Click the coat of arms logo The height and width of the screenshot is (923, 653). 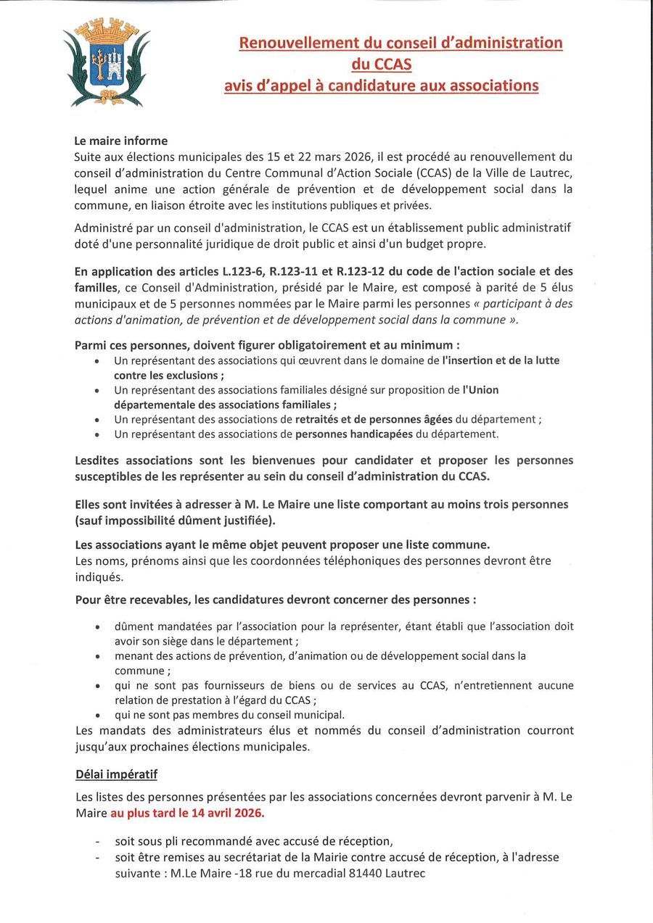106,62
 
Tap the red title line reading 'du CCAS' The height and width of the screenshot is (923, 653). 382,65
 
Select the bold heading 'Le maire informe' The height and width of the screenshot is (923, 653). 121,141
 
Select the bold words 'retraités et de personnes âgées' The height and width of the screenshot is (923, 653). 374,420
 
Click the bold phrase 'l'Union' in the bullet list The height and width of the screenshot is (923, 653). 481,390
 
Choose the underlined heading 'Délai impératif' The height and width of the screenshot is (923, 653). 116,775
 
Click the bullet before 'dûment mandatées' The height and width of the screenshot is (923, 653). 98,626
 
